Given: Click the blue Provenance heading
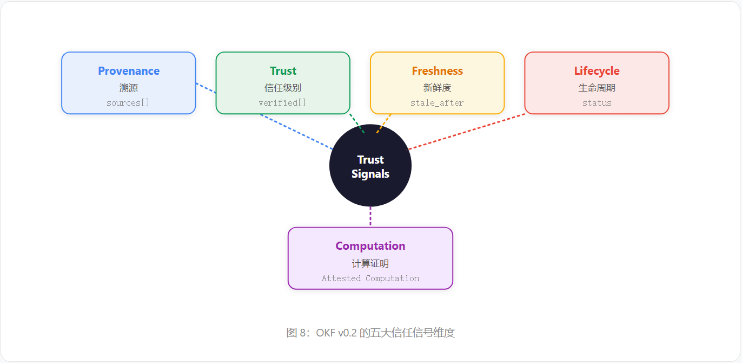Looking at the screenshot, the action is (x=129, y=71).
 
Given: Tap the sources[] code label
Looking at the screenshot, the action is (x=128, y=103).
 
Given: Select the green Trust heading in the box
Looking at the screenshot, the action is (x=283, y=71).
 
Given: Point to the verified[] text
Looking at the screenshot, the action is (x=282, y=103).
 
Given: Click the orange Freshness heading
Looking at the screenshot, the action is (x=437, y=71).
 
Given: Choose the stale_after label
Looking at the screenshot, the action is (x=437, y=103).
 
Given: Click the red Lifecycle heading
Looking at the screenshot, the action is (x=597, y=71).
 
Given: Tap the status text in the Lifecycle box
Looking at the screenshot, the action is (x=597, y=103).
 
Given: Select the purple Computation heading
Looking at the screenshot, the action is (x=370, y=246).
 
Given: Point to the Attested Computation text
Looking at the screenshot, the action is (x=370, y=278).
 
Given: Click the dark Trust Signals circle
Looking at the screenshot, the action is (x=370, y=165).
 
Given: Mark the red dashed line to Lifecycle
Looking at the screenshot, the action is (x=466, y=132).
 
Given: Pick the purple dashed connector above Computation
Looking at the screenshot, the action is (x=370, y=216).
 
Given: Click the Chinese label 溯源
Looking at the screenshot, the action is (x=129, y=88).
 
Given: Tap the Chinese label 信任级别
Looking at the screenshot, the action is (x=282, y=88).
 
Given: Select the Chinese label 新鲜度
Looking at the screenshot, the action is (x=437, y=88).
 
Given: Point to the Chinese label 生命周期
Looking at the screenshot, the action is (x=597, y=88).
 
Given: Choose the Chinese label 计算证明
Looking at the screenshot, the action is (x=370, y=263).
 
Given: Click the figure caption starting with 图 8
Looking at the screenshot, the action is (x=370, y=333).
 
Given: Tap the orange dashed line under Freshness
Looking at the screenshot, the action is (x=384, y=124).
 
